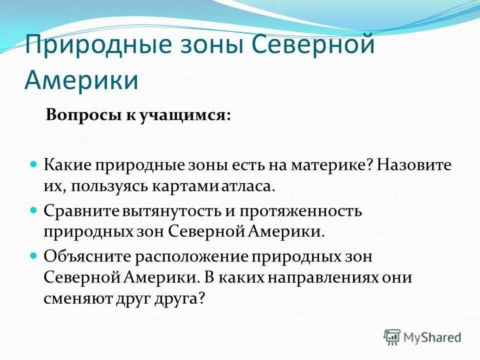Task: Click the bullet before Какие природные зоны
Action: click(34, 163)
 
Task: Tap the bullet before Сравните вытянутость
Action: click(34, 210)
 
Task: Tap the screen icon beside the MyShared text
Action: click(393, 337)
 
